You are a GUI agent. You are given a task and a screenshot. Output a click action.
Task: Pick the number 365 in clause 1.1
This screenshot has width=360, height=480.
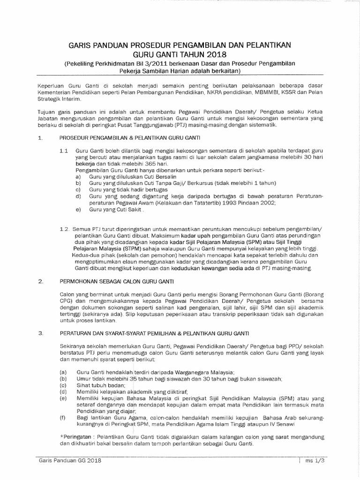(142, 165)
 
